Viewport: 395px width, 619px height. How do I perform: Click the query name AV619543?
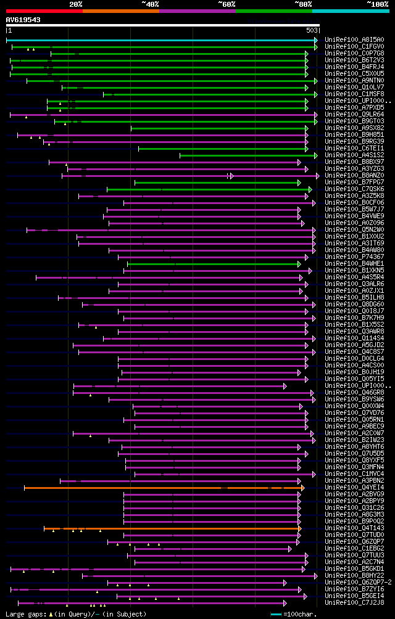point(23,20)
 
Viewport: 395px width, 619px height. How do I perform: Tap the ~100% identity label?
point(377,4)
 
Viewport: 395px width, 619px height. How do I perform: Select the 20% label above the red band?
point(76,4)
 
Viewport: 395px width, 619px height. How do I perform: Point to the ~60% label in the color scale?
point(227,4)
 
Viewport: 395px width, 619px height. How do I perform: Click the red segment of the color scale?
point(44,10)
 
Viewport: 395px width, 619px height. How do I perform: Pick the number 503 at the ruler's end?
point(312,30)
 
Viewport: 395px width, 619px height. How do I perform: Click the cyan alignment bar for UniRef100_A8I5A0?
point(160,40)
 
